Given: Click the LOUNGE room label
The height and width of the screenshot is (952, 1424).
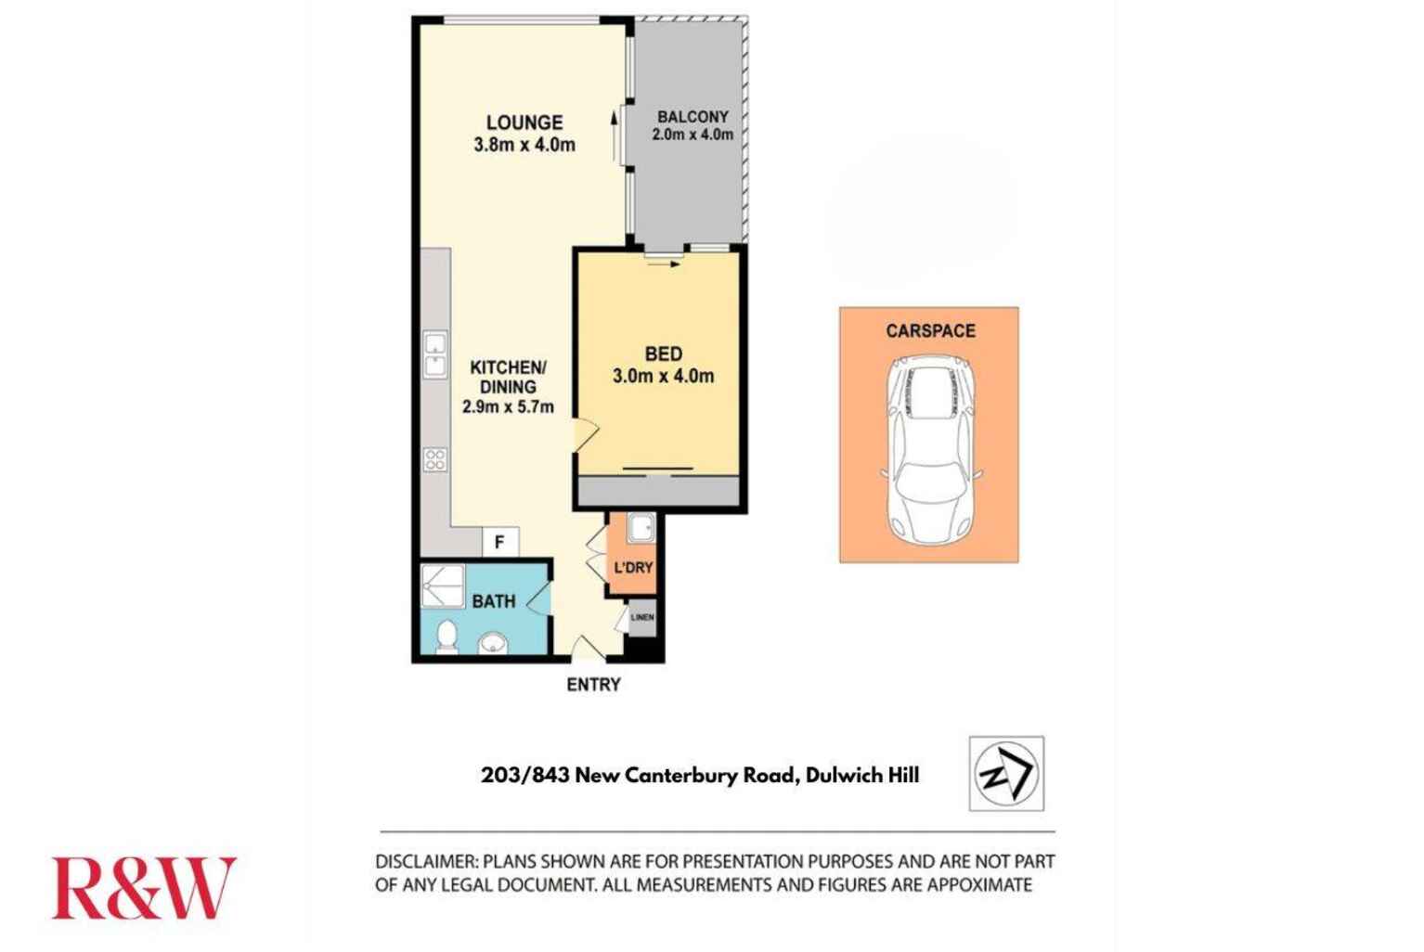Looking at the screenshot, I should click(524, 122).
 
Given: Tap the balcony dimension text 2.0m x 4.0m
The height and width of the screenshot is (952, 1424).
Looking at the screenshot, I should click(693, 135).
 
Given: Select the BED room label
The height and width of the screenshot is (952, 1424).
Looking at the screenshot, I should click(663, 354).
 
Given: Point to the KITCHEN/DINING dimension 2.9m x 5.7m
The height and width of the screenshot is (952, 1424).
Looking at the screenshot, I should click(508, 406).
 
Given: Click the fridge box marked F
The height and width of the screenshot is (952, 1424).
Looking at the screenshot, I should click(499, 542).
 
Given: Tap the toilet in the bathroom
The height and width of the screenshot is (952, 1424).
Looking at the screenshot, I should click(447, 637).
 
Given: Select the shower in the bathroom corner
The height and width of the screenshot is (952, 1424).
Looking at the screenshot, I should click(442, 585).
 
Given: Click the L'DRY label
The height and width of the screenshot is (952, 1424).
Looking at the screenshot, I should click(633, 567).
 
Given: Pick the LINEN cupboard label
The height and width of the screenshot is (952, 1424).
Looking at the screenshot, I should click(641, 617).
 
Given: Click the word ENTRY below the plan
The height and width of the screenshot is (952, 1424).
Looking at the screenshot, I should click(593, 686).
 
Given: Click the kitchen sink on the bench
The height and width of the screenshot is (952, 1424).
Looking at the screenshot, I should click(434, 355).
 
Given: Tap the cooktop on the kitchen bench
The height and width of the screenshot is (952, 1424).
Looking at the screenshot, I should click(434, 459).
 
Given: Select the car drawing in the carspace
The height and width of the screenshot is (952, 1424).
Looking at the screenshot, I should click(930, 452).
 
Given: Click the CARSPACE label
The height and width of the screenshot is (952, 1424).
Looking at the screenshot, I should click(930, 330).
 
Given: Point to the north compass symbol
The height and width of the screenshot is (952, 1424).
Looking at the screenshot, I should click(1006, 773).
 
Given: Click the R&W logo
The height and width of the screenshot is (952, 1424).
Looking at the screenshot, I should click(143, 888).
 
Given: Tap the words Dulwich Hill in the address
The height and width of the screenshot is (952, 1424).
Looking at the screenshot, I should click(862, 776).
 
